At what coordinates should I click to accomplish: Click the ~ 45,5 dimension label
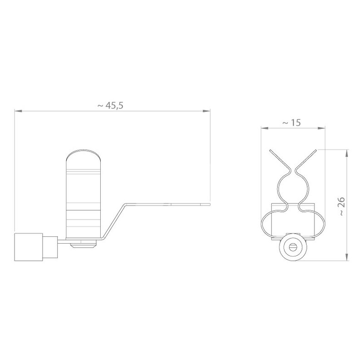click(110, 106)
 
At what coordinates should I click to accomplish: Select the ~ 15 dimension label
click(291, 123)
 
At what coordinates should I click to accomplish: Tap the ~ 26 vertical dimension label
click(342, 206)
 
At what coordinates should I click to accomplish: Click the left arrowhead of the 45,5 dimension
click(18, 111)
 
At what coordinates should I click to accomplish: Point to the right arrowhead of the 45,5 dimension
click(206, 111)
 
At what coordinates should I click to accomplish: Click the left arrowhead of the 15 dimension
click(265, 128)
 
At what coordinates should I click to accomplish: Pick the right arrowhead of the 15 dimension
click(321, 128)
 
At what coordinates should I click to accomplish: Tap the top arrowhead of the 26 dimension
click(347, 153)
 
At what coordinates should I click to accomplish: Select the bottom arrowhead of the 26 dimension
click(347, 257)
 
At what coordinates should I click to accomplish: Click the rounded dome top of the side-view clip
click(83, 155)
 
